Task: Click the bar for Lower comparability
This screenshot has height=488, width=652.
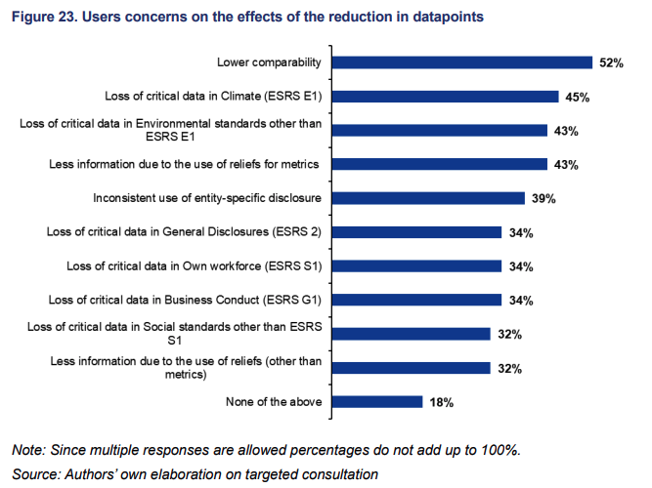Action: [461, 62]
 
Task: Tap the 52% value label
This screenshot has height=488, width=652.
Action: [611, 63]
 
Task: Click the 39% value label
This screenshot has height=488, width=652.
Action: [543, 199]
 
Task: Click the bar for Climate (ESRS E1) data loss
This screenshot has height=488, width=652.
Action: [445, 97]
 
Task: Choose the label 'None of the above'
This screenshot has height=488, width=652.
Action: [275, 402]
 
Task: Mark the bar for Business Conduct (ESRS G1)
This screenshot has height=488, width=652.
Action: [416, 300]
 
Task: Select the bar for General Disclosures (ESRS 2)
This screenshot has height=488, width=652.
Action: [416, 232]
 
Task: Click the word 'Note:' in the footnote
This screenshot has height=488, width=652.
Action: [31, 450]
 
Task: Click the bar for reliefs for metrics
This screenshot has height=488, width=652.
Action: [439, 164]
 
